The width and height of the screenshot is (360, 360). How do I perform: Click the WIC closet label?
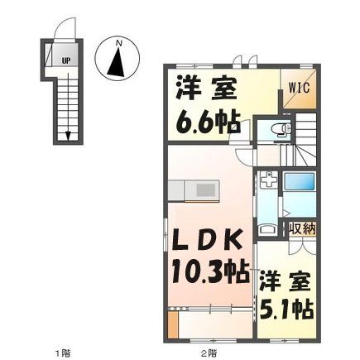299,84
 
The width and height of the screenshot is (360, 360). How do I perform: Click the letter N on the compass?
118,42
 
